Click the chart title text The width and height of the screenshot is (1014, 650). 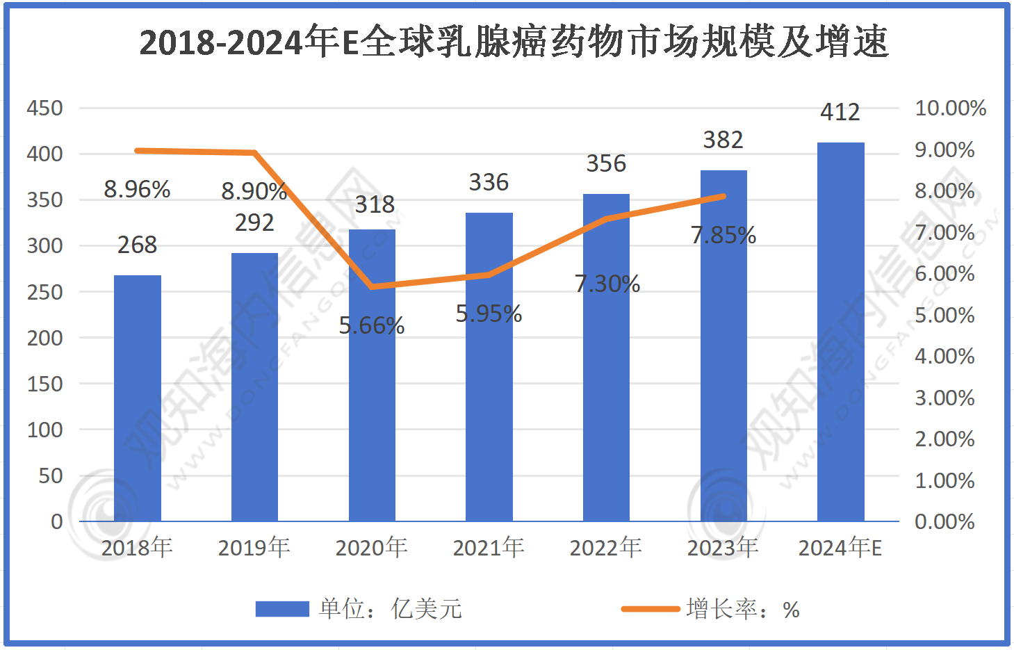(x=514, y=42)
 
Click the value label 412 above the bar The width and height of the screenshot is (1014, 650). (x=840, y=112)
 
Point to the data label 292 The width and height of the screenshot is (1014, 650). (x=254, y=222)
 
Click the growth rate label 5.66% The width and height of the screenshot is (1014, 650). (x=372, y=325)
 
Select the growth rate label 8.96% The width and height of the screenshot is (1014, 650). (x=137, y=189)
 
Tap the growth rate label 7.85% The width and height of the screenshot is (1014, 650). (x=723, y=235)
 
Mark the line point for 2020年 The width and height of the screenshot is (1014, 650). (x=373, y=286)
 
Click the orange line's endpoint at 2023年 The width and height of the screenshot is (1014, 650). (x=723, y=196)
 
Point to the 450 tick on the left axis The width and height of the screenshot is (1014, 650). (x=44, y=108)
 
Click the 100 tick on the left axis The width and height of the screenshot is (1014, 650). (x=44, y=430)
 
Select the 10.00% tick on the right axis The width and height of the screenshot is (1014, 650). (x=950, y=108)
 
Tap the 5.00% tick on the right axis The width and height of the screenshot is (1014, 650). (x=945, y=315)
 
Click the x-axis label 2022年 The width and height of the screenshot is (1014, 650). (x=605, y=548)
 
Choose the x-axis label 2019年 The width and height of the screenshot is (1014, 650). (x=254, y=548)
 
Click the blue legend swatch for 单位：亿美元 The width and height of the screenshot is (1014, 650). (x=281, y=609)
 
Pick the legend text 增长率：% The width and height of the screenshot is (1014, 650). (x=742, y=609)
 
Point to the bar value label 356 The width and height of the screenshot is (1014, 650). (x=606, y=163)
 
